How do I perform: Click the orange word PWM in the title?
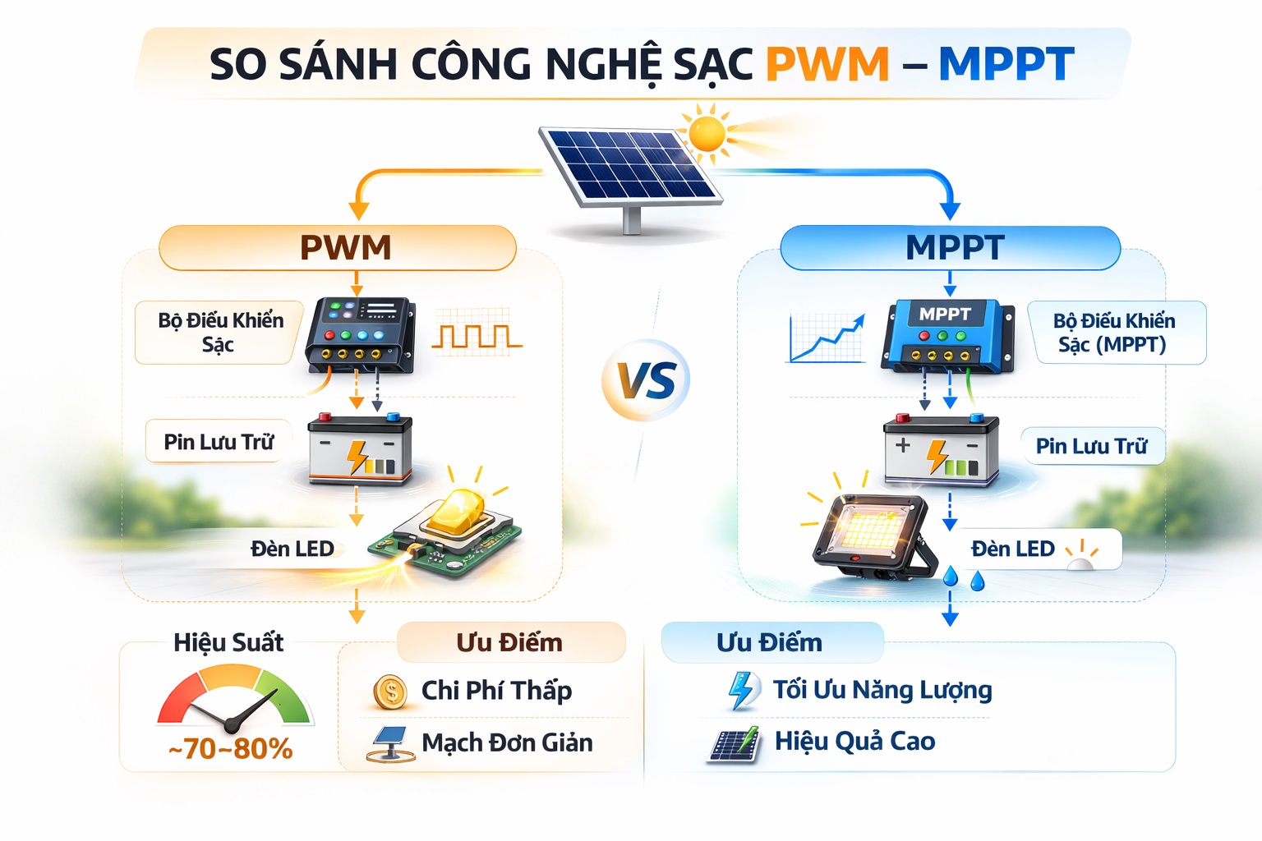[x=827, y=64]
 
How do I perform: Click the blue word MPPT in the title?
[x=1006, y=64]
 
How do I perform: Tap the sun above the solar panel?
[x=707, y=132]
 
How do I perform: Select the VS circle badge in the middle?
[x=647, y=379]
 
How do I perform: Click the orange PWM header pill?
[x=338, y=247]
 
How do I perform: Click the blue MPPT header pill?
[x=950, y=247]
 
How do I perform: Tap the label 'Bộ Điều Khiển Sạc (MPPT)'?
[x=1114, y=333]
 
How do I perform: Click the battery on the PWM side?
[x=360, y=449]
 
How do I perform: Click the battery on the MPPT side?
[x=941, y=450]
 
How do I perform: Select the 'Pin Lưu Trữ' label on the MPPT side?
[x=1091, y=446]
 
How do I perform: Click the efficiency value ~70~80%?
[x=230, y=749]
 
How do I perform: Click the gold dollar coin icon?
[x=390, y=692]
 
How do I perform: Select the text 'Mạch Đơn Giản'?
[x=507, y=743]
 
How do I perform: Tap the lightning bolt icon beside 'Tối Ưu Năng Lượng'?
[x=743, y=691]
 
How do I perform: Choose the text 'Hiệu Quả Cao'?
[x=854, y=742]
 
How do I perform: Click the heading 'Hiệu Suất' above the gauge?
[x=228, y=643]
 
